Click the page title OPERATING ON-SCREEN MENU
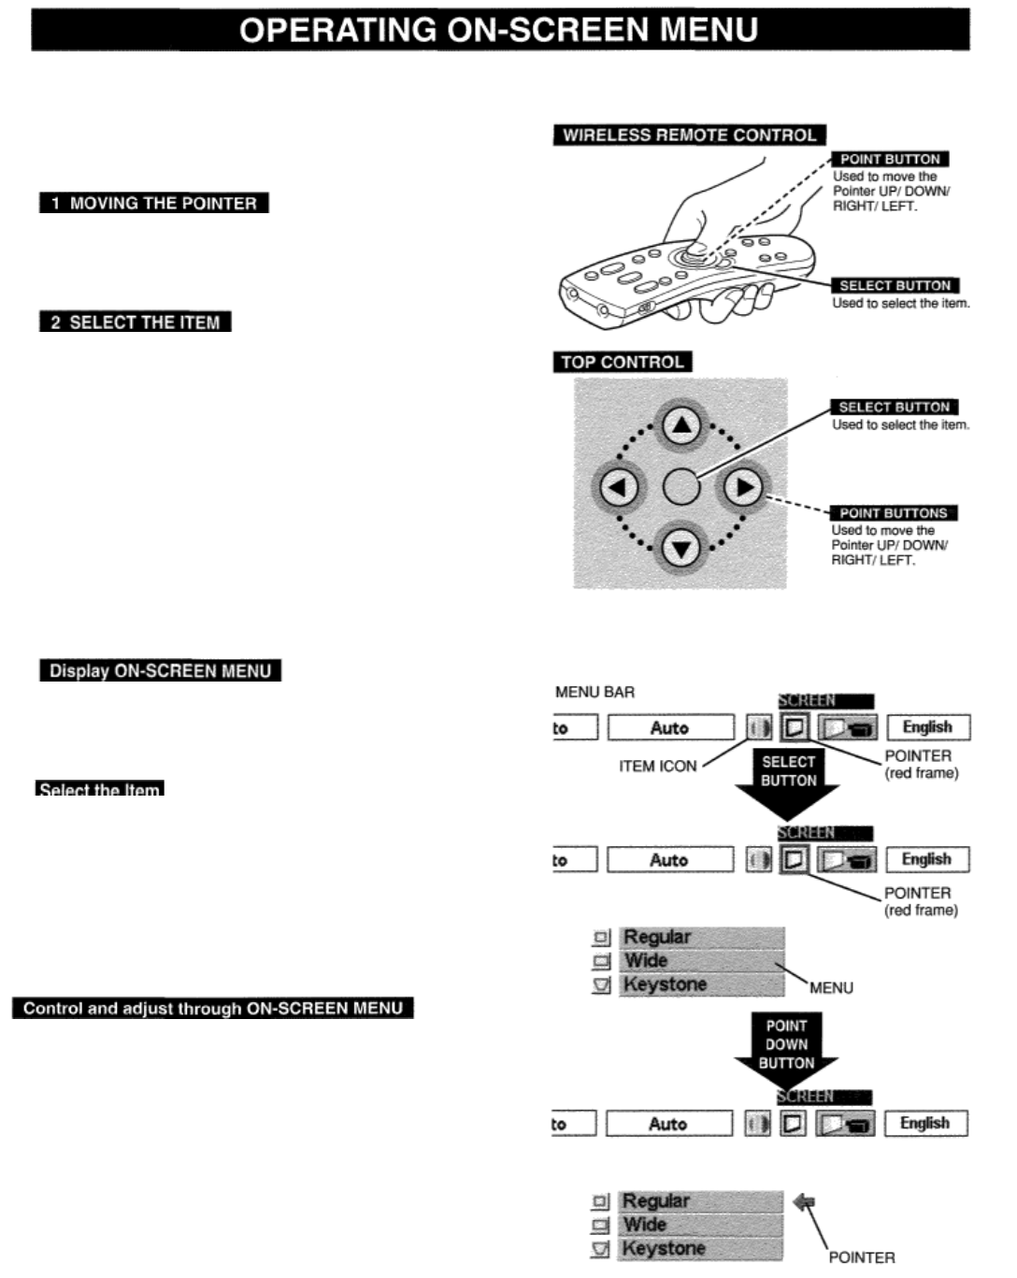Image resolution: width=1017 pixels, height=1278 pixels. pos(499,30)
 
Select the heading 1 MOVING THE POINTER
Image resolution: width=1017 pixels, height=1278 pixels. pos(154,203)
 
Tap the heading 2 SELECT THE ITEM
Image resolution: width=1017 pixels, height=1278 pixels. pos(136,323)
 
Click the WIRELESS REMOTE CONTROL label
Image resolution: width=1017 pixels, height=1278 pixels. pos(689,136)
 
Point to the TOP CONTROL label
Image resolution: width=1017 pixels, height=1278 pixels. pos(622,362)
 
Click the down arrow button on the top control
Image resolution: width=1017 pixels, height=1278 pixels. pos(681,548)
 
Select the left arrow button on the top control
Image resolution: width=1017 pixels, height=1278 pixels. pos(618,487)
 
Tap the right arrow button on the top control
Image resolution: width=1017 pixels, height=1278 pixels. pos(744,487)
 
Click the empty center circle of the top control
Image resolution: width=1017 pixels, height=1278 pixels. pos(681,487)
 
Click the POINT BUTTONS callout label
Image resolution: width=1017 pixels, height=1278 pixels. pos(894,513)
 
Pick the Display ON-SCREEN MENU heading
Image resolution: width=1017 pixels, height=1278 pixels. pos(160,671)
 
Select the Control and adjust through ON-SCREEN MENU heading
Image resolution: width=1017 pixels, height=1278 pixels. pos(213,1009)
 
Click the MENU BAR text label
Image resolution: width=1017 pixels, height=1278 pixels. pos(594,693)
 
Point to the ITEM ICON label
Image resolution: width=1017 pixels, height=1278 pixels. pos(658,767)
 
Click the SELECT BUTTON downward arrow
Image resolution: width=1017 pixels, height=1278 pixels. pos(788,780)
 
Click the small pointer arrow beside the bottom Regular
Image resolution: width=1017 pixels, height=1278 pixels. pos(804,1202)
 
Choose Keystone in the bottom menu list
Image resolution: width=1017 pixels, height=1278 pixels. pos(665,1249)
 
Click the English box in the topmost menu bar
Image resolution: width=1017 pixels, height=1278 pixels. pos(927,727)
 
